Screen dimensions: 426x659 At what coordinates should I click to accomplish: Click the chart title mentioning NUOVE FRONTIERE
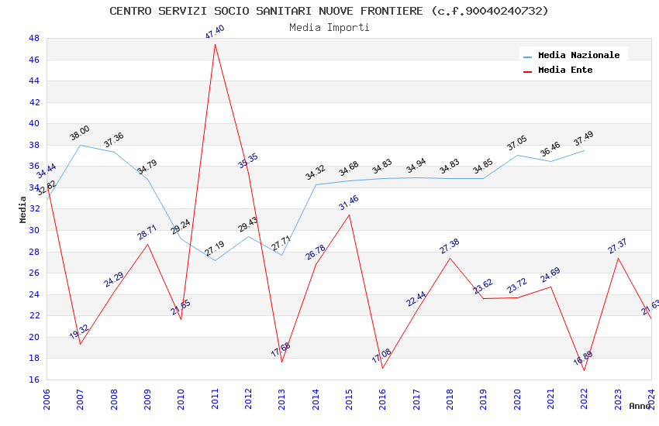pos(329,11)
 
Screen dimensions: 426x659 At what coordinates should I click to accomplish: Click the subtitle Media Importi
pos(329,27)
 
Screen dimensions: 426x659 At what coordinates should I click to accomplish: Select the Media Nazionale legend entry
pos(578,56)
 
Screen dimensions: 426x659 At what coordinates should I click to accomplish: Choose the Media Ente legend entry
pos(564,70)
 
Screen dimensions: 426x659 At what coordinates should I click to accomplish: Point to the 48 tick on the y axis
pos(33,38)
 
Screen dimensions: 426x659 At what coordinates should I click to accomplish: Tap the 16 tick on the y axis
pos(33,380)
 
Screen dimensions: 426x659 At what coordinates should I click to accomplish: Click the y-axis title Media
pos(22,209)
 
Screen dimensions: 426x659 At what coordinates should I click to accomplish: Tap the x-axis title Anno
pos(640,406)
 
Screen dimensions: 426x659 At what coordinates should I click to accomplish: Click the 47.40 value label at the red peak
pos(215,32)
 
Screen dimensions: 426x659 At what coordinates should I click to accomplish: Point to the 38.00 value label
pos(79,133)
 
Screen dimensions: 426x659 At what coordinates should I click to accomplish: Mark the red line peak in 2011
pos(215,44)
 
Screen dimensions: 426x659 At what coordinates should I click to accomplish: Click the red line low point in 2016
pos(383,368)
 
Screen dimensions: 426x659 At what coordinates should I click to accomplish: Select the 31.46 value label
pos(349,204)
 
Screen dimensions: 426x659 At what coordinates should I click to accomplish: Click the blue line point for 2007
pos(80,145)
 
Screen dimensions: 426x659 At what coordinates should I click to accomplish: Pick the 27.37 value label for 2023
pos(617,246)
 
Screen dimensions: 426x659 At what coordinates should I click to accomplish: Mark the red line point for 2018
pos(450,258)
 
